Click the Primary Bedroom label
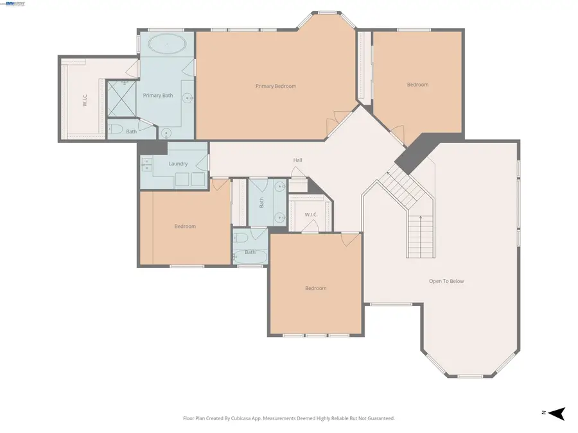click(x=276, y=86)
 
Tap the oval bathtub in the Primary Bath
click(x=168, y=46)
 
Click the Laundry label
click(x=178, y=164)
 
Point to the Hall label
click(x=297, y=160)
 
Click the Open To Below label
click(x=446, y=281)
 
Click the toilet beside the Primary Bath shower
click(x=116, y=131)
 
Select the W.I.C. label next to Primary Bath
click(x=84, y=100)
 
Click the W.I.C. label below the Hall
click(x=311, y=214)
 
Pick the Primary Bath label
click(x=158, y=96)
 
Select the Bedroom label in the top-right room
click(x=417, y=85)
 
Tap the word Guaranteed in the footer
click(x=376, y=418)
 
